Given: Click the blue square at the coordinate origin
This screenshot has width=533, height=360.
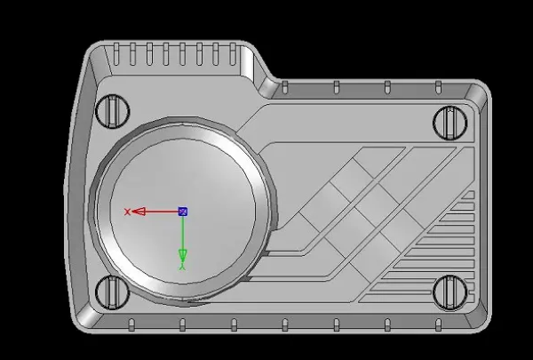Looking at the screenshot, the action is click(x=183, y=212).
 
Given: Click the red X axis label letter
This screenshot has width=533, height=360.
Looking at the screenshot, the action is click(x=127, y=212).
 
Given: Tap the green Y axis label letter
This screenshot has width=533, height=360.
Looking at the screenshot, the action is click(x=182, y=267).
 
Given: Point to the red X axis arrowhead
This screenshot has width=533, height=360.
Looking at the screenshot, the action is click(x=139, y=212).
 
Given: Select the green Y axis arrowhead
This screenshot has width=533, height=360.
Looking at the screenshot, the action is click(x=183, y=255).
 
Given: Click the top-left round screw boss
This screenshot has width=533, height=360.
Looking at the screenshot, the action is click(x=113, y=111).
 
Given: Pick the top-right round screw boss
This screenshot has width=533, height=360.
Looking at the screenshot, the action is click(x=450, y=123).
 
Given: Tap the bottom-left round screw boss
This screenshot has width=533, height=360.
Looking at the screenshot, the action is click(x=112, y=292).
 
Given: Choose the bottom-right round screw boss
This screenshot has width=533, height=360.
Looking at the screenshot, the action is click(x=450, y=292).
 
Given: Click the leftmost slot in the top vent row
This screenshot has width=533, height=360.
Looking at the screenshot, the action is click(x=116, y=53).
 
